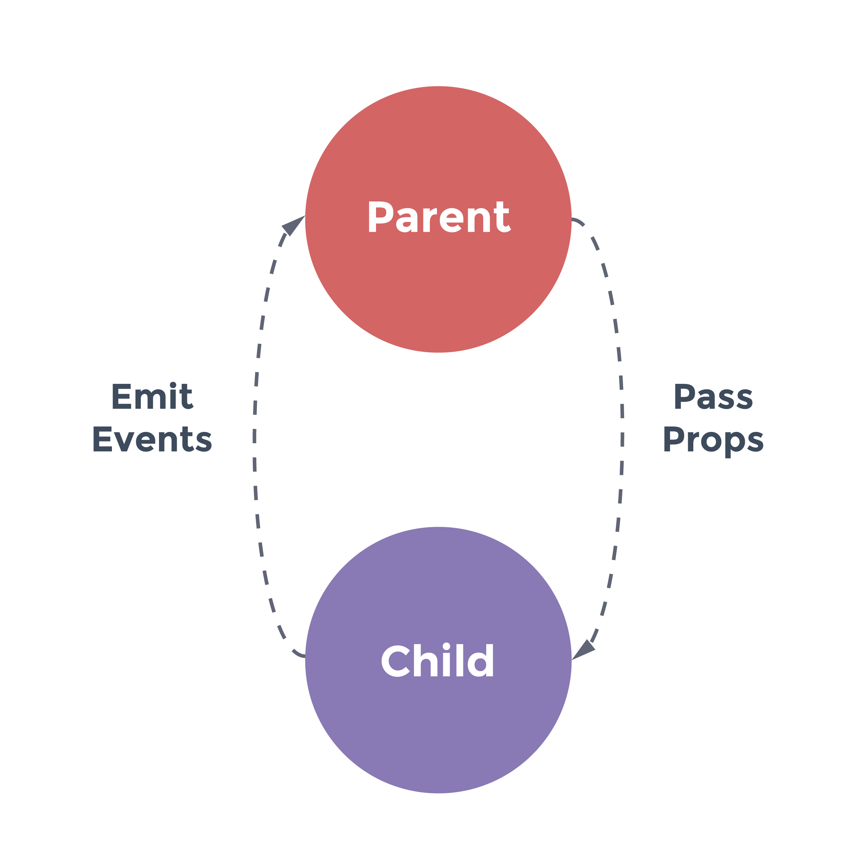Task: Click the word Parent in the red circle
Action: tap(440, 216)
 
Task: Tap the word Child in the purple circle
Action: tap(437, 660)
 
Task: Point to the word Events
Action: tap(152, 439)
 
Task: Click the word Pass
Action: tap(713, 396)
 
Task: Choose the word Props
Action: tap(713, 442)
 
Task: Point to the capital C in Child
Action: tap(395, 661)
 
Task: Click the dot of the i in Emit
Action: tap(173, 385)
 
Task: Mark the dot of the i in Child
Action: tap(446, 646)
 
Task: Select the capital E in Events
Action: tap(102, 439)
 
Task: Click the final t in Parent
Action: tap(503, 217)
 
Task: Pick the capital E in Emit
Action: tap(122, 396)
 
